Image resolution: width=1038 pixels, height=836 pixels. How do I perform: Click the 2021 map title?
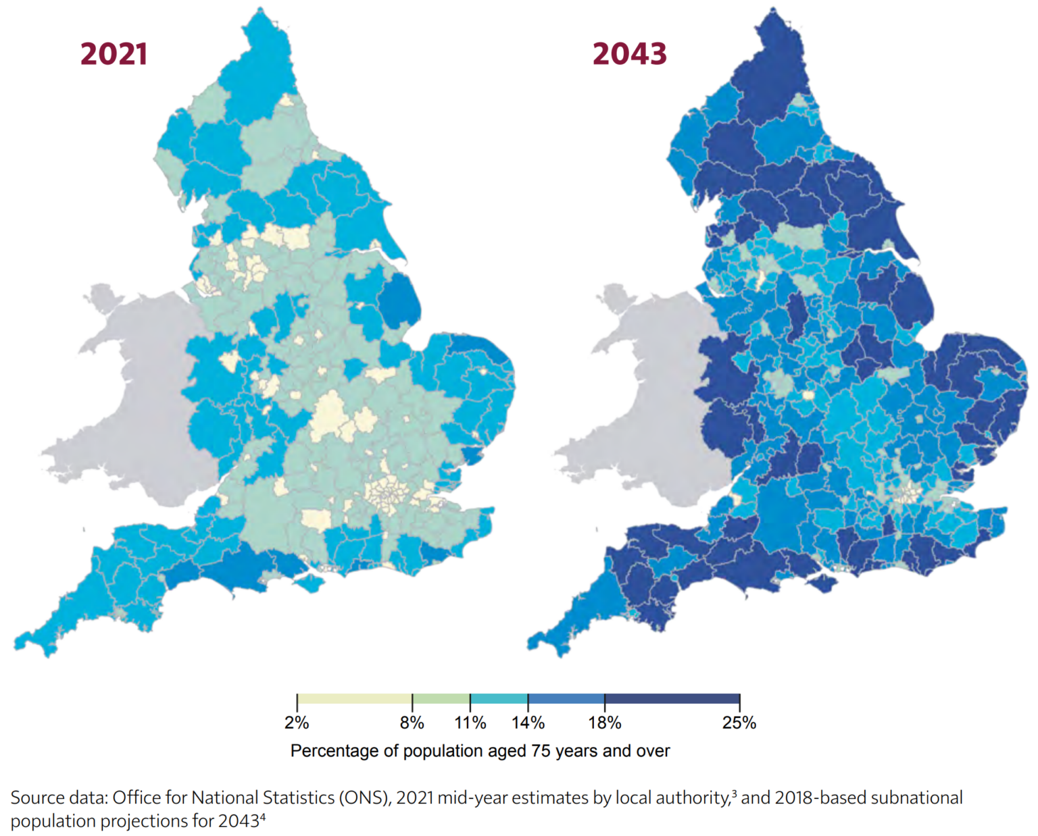114,54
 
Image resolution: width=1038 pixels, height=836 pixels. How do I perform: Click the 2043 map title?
629,54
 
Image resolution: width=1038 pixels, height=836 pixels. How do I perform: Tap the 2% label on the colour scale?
297,723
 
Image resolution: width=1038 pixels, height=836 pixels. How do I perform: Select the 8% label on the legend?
412,723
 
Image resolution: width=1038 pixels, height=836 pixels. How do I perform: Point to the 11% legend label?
470,723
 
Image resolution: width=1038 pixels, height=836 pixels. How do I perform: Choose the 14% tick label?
528,723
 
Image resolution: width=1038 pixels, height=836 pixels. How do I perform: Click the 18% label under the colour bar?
604,723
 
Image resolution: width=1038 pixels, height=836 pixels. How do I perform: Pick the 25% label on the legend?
739,723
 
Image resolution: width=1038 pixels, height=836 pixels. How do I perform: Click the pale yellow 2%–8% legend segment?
355,699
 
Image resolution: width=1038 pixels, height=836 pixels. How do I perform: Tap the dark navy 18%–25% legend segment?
672,699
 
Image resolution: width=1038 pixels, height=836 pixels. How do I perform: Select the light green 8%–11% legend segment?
441,699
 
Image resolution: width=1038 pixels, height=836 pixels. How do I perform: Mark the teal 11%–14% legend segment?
499,699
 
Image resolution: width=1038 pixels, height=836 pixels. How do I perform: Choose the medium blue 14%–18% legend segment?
566,699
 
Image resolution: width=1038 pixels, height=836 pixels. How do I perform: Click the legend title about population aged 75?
480,751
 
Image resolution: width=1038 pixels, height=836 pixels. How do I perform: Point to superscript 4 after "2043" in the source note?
262,816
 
